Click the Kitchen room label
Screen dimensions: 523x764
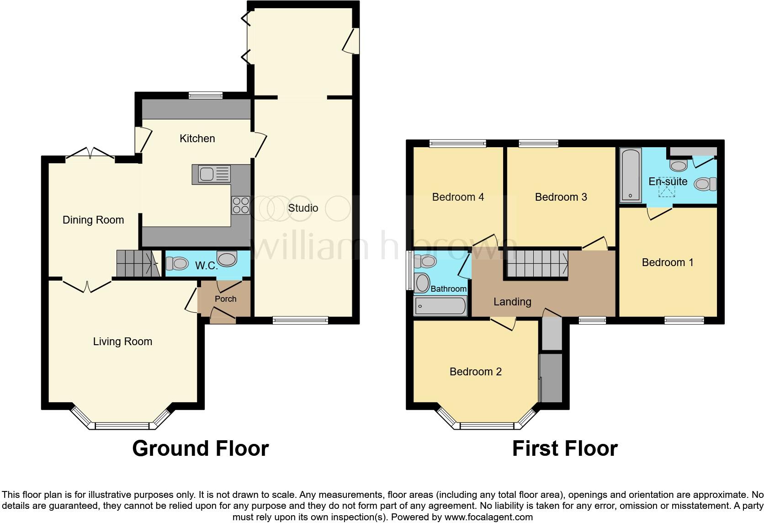[x=197, y=139]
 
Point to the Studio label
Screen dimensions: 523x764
[x=303, y=208]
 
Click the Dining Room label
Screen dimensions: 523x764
[x=93, y=220]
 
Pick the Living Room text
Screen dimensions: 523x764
[x=122, y=342]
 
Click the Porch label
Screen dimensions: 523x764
[x=225, y=299]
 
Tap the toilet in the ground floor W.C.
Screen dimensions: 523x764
[x=176, y=264]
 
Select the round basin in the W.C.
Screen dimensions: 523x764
[x=227, y=259]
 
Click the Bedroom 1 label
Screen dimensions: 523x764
[x=668, y=262]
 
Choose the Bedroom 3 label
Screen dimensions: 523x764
[x=561, y=197]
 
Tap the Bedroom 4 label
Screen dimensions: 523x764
[x=458, y=197]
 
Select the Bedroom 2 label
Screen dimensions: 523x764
[x=475, y=372]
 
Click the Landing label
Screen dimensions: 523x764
[x=512, y=302]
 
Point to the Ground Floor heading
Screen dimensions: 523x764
[x=200, y=448]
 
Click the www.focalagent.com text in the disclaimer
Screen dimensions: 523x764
[x=488, y=518]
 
